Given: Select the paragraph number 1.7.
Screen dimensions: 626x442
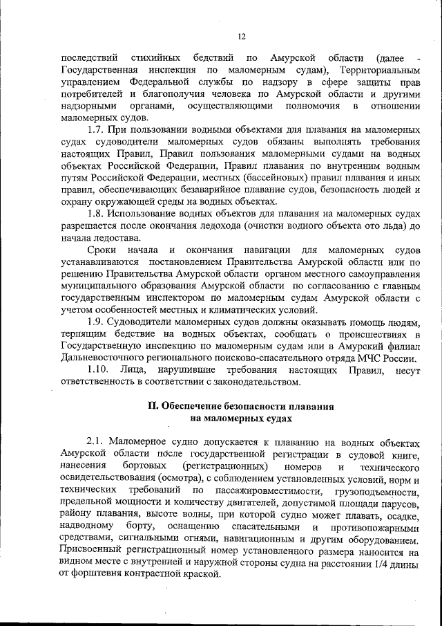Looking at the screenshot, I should tap(97, 131).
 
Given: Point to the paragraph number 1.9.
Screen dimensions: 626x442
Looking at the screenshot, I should tap(97, 321).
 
